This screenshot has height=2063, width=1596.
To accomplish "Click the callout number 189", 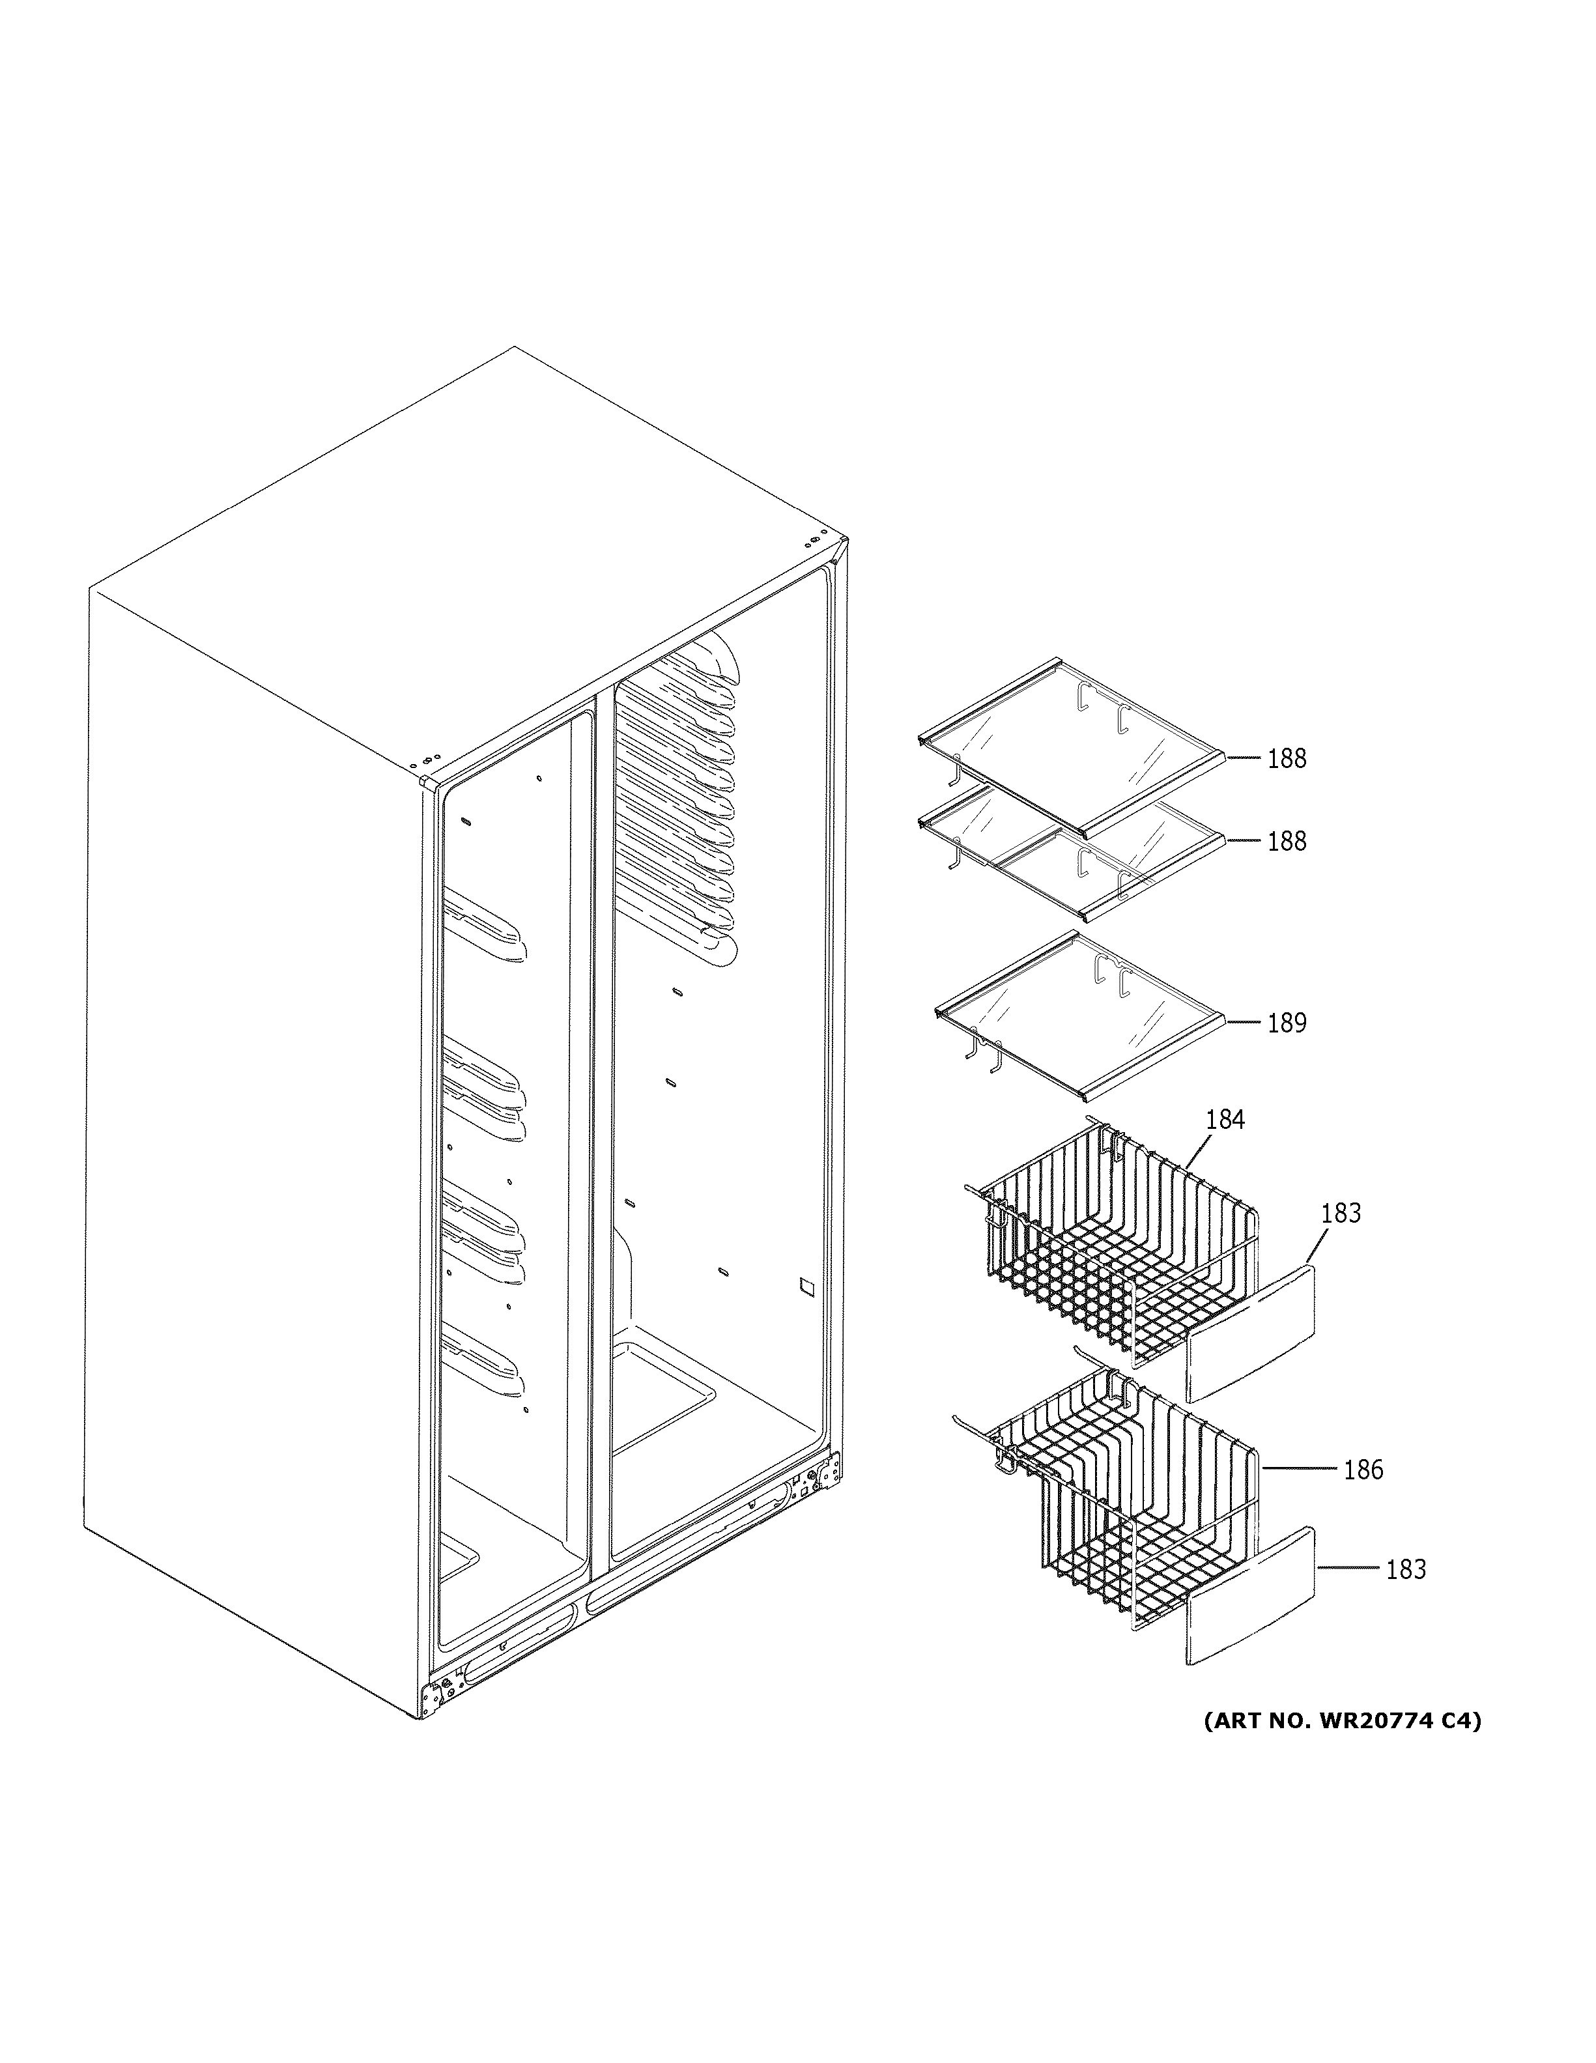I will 1286,1023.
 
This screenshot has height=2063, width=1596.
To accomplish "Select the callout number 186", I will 1363,1470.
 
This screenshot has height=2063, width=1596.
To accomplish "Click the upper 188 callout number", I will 1286,758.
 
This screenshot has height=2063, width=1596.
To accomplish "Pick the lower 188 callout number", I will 1286,841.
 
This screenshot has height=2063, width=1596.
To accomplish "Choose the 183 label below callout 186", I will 1405,1569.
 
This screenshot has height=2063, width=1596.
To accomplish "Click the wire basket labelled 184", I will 1115,1247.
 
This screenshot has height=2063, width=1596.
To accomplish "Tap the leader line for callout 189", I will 1243,1022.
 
